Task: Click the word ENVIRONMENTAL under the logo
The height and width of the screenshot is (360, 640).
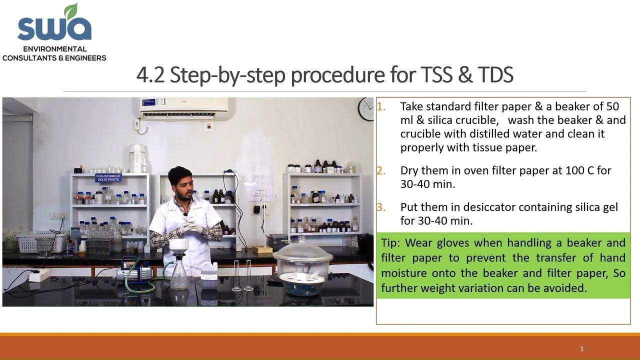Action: [x=54, y=49]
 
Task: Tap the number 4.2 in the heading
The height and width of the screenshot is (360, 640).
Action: [x=150, y=75]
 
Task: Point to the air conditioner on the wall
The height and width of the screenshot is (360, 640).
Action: [x=183, y=107]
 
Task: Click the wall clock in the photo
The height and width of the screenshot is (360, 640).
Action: [x=366, y=109]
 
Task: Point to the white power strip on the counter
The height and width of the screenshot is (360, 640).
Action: [x=39, y=275]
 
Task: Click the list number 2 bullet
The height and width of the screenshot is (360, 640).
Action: [x=381, y=170]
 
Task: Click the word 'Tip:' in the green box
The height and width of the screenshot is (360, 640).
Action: [x=390, y=243]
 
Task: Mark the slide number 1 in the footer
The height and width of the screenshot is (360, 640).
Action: [x=581, y=349]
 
